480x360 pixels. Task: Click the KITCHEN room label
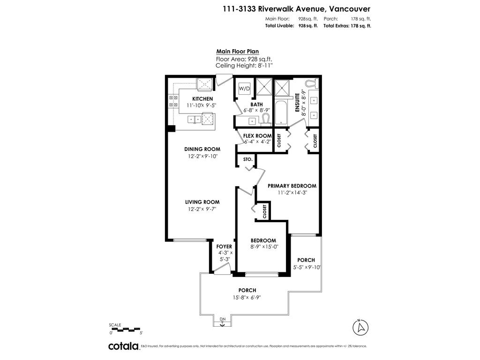[202, 99]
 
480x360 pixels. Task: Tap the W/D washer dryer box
[244, 89]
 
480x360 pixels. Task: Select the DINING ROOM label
[202, 149]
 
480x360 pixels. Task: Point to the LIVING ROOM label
[202, 202]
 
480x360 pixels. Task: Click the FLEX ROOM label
[257, 136]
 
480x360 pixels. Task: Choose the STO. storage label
[248, 159]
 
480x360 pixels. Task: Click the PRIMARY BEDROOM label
[292, 186]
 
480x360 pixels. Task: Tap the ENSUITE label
[297, 102]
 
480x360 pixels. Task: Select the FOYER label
[224, 247]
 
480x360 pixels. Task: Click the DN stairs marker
[223, 320]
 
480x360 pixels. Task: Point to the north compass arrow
[360, 327]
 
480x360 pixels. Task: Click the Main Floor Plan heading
[237, 52]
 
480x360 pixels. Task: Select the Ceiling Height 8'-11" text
[244, 66]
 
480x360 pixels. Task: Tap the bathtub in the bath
[283, 112]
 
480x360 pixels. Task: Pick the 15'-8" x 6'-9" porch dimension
[247, 297]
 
